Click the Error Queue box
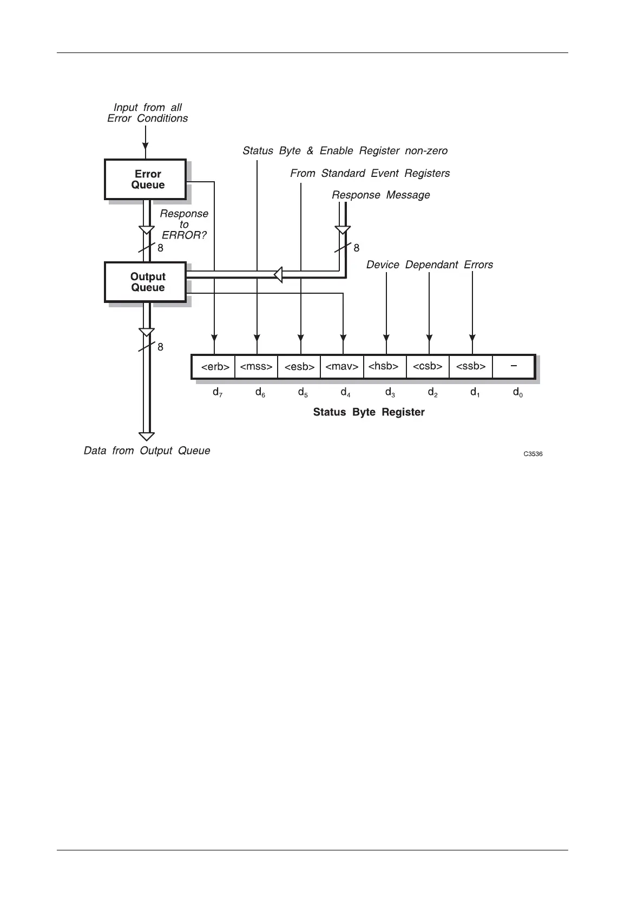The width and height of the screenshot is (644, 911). (145, 179)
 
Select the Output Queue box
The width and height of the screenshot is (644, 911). (145, 282)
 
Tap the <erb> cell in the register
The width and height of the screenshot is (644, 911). (215, 367)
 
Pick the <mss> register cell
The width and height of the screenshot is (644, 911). (256, 367)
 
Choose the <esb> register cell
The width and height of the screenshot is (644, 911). (299, 367)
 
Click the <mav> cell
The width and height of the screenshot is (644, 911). (342, 367)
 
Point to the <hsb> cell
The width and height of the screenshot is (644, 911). (385, 367)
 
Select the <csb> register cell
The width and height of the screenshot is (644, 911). (428, 367)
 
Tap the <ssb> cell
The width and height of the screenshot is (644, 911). (471, 367)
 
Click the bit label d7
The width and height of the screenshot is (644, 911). (217, 393)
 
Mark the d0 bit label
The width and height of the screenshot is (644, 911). (517, 393)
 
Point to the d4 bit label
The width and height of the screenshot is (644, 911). (345, 393)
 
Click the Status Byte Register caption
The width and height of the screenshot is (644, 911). (369, 412)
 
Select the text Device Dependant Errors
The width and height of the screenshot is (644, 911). (430, 265)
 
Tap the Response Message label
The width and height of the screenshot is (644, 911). (380, 195)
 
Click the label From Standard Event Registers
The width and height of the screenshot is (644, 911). (370, 173)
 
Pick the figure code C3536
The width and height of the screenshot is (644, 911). (533, 454)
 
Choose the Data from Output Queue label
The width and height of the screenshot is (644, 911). (147, 451)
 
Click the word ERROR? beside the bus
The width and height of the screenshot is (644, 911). (184, 235)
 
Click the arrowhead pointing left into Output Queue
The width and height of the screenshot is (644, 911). (278, 275)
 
